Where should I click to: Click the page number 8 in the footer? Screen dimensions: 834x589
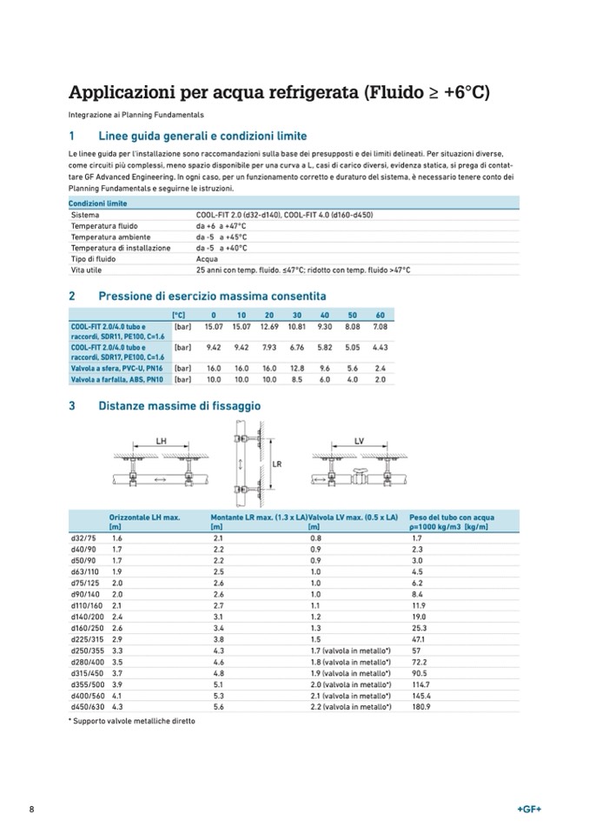click(31, 810)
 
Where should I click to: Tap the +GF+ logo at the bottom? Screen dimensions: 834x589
click(529, 810)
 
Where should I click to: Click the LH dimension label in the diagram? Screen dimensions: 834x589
click(162, 441)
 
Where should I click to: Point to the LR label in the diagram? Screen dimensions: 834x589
click(277, 464)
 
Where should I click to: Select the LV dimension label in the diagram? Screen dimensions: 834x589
click(360, 441)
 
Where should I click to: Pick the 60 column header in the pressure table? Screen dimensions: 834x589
click(380, 314)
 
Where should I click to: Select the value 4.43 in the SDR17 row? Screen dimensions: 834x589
click(380, 347)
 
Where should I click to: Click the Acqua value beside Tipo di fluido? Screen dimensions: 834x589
click(207, 258)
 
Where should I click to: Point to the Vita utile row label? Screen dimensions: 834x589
click(86, 270)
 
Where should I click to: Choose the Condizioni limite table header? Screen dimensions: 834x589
click(98, 203)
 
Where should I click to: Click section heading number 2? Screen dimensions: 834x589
click(72, 296)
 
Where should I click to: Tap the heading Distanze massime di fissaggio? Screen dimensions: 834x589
click(179, 405)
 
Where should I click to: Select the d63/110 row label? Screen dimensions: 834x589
click(85, 572)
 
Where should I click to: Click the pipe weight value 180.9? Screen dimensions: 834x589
click(421, 706)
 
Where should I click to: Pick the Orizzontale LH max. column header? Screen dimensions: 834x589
click(144, 517)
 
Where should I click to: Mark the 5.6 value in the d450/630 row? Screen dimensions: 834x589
click(219, 706)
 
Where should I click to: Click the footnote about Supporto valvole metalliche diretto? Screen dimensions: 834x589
click(131, 721)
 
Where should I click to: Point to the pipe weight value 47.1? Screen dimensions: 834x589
click(419, 639)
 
